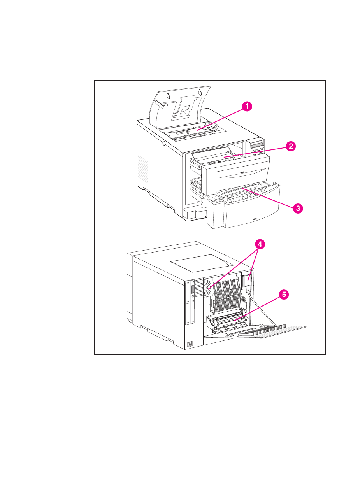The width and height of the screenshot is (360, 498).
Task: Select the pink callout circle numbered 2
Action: [x=290, y=146]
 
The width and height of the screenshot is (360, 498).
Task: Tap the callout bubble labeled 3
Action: [x=298, y=208]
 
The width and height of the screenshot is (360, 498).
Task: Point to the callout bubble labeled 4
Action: [x=260, y=244]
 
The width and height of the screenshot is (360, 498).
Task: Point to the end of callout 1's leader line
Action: [x=198, y=130]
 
